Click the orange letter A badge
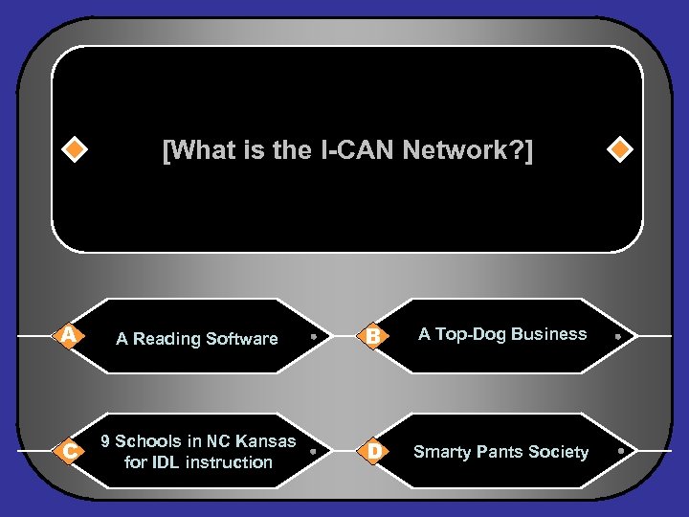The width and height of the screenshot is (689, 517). coord(68,335)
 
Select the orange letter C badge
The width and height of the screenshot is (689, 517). coord(68,450)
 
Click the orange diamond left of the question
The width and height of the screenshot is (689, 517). coord(74,150)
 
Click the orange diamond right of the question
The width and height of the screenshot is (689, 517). coord(621,150)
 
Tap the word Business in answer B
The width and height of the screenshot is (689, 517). coord(548,334)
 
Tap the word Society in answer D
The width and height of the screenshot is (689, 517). coord(557,452)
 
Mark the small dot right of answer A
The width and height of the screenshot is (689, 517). coord(313,336)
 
